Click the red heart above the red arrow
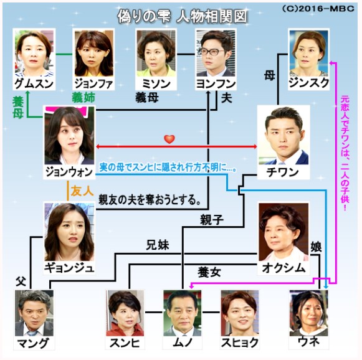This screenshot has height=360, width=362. [169, 139]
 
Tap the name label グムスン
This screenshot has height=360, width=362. [34, 83]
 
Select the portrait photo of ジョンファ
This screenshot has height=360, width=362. [93, 53]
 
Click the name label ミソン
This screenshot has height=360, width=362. [156, 83]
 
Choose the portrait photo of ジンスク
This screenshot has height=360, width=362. [308, 54]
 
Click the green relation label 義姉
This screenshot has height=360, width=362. [83, 97]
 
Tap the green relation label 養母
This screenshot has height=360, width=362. [18, 108]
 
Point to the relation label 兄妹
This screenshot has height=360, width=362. [158, 245]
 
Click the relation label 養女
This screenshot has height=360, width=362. [209, 272]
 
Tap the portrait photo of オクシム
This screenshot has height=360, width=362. [283, 232]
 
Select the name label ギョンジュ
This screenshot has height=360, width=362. [69, 268]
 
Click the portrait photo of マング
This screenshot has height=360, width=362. [34, 313]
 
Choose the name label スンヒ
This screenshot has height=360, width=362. [125, 343]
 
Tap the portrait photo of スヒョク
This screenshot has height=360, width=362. [240, 313]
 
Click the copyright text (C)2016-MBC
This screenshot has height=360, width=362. [318, 9]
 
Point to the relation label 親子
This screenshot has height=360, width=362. [212, 219]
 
